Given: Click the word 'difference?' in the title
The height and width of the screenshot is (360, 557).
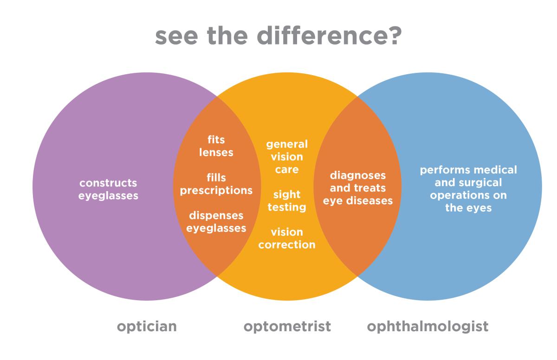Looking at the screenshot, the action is [329, 36].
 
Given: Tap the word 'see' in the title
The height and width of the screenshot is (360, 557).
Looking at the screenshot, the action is [176, 38].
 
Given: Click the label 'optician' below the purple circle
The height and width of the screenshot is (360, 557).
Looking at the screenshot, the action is [147, 327].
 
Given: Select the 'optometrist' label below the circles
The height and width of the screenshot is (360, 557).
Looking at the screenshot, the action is [287, 327].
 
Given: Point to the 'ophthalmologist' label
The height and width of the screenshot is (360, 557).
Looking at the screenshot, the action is [427, 327].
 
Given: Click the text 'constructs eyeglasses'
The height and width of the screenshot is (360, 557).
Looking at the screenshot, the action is [108, 189].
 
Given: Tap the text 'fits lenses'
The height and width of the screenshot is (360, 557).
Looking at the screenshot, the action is [216, 146].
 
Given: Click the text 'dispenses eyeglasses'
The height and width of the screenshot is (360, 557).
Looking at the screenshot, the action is [216, 222].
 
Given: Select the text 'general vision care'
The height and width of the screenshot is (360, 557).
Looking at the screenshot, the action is [287, 157].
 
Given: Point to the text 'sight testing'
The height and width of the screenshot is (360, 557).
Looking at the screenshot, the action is [287, 201].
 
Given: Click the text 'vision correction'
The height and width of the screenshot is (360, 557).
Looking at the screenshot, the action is [287, 238].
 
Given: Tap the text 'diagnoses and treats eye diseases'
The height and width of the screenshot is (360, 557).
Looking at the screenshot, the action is [358, 188].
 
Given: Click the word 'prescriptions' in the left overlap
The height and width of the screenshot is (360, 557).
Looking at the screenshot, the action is [216, 191].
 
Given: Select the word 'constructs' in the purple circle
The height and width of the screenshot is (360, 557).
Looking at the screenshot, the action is [108, 183].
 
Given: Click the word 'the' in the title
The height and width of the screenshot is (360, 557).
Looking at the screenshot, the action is [227, 36].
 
